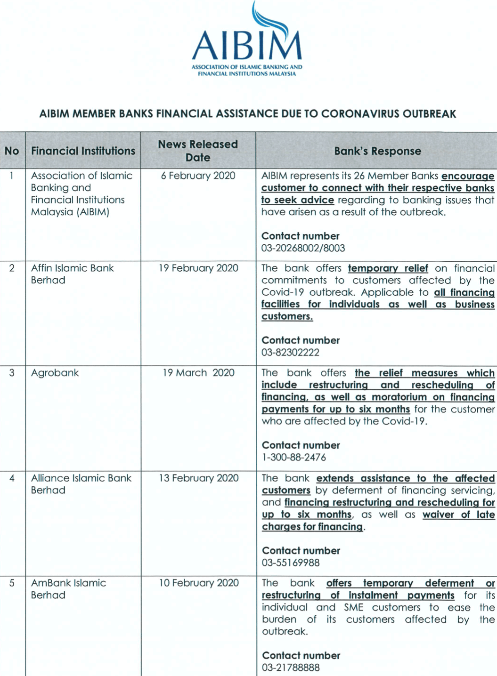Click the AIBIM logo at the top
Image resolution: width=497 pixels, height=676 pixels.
(x=247, y=40)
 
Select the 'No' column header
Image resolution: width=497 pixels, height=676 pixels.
(x=12, y=151)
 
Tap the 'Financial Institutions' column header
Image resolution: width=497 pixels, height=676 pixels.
(x=83, y=151)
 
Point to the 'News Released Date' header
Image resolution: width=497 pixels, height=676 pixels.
(x=198, y=151)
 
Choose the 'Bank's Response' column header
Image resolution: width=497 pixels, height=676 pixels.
(x=377, y=151)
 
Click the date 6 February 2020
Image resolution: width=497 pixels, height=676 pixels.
(x=198, y=176)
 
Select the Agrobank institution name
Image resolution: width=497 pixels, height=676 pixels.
(x=55, y=373)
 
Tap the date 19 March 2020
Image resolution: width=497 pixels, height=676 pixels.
(x=198, y=373)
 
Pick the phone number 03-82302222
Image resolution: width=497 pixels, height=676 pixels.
(x=290, y=353)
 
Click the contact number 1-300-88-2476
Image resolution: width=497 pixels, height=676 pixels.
(x=293, y=457)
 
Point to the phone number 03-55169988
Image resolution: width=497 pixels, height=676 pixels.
(x=291, y=563)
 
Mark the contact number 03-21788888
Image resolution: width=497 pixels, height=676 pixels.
(x=291, y=668)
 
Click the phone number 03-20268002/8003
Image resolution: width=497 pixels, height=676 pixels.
(x=303, y=248)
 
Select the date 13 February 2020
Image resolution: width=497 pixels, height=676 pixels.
(x=198, y=478)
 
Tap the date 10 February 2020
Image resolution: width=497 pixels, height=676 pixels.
(x=198, y=583)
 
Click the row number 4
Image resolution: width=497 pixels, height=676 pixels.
(x=12, y=478)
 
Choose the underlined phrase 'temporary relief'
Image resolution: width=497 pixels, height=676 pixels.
(x=388, y=268)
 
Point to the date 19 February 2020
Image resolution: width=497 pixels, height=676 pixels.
(x=198, y=268)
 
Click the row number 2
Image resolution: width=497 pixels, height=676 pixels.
(x=12, y=268)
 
